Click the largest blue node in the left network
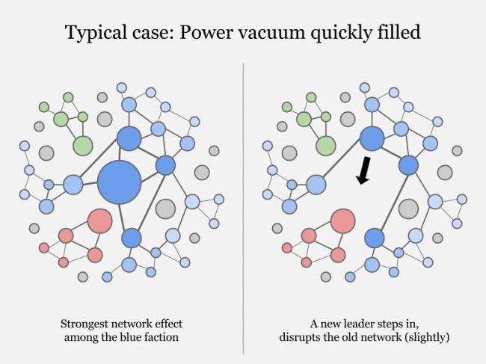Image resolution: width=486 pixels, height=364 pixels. [x=120, y=181]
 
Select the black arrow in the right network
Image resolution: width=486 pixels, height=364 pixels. [x=363, y=170]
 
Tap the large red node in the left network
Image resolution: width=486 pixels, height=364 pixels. [x=99, y=221]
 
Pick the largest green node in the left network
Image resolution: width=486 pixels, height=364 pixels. [x=82, y=146]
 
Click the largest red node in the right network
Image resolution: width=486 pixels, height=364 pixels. [x=342, y=221]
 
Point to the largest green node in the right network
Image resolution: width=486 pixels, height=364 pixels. [x=325, y=146]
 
